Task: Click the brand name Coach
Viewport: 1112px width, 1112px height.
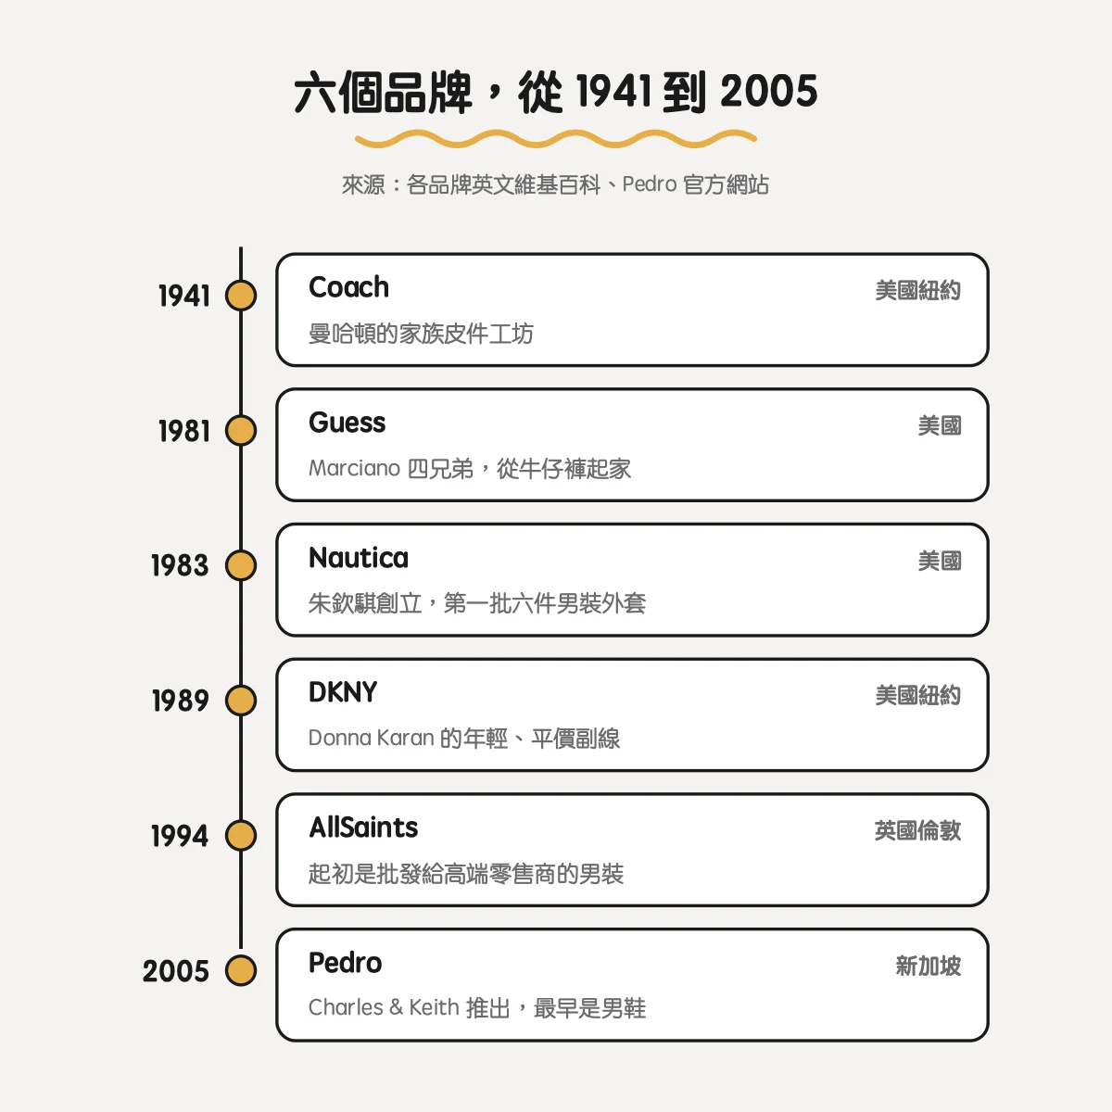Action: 348,287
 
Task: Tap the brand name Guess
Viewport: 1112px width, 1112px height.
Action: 347,423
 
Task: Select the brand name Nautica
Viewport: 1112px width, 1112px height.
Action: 359,558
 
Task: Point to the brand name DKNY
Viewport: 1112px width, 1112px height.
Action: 343,692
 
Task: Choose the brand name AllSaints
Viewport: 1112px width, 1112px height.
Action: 363,828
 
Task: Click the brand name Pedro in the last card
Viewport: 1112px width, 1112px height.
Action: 345,963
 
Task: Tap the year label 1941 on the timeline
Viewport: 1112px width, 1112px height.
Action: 184,296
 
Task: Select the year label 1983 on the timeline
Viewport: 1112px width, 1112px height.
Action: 180,565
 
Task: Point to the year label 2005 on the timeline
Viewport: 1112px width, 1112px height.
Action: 175,970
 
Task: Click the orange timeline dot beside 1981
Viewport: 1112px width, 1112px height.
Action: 241,431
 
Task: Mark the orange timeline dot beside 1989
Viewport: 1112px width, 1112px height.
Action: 241,701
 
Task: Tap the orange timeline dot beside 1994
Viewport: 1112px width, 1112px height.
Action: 241,836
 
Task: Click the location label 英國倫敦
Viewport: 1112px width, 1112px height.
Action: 917,831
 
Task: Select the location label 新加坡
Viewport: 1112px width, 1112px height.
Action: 928,966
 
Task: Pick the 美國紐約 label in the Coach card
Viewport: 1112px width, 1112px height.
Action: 917,291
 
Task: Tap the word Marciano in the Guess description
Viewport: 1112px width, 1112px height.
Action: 354,468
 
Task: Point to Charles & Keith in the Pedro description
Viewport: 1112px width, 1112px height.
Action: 384,1007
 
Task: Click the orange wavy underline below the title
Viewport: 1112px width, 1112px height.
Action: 556,138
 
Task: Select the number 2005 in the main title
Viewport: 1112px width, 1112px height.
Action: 768,92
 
